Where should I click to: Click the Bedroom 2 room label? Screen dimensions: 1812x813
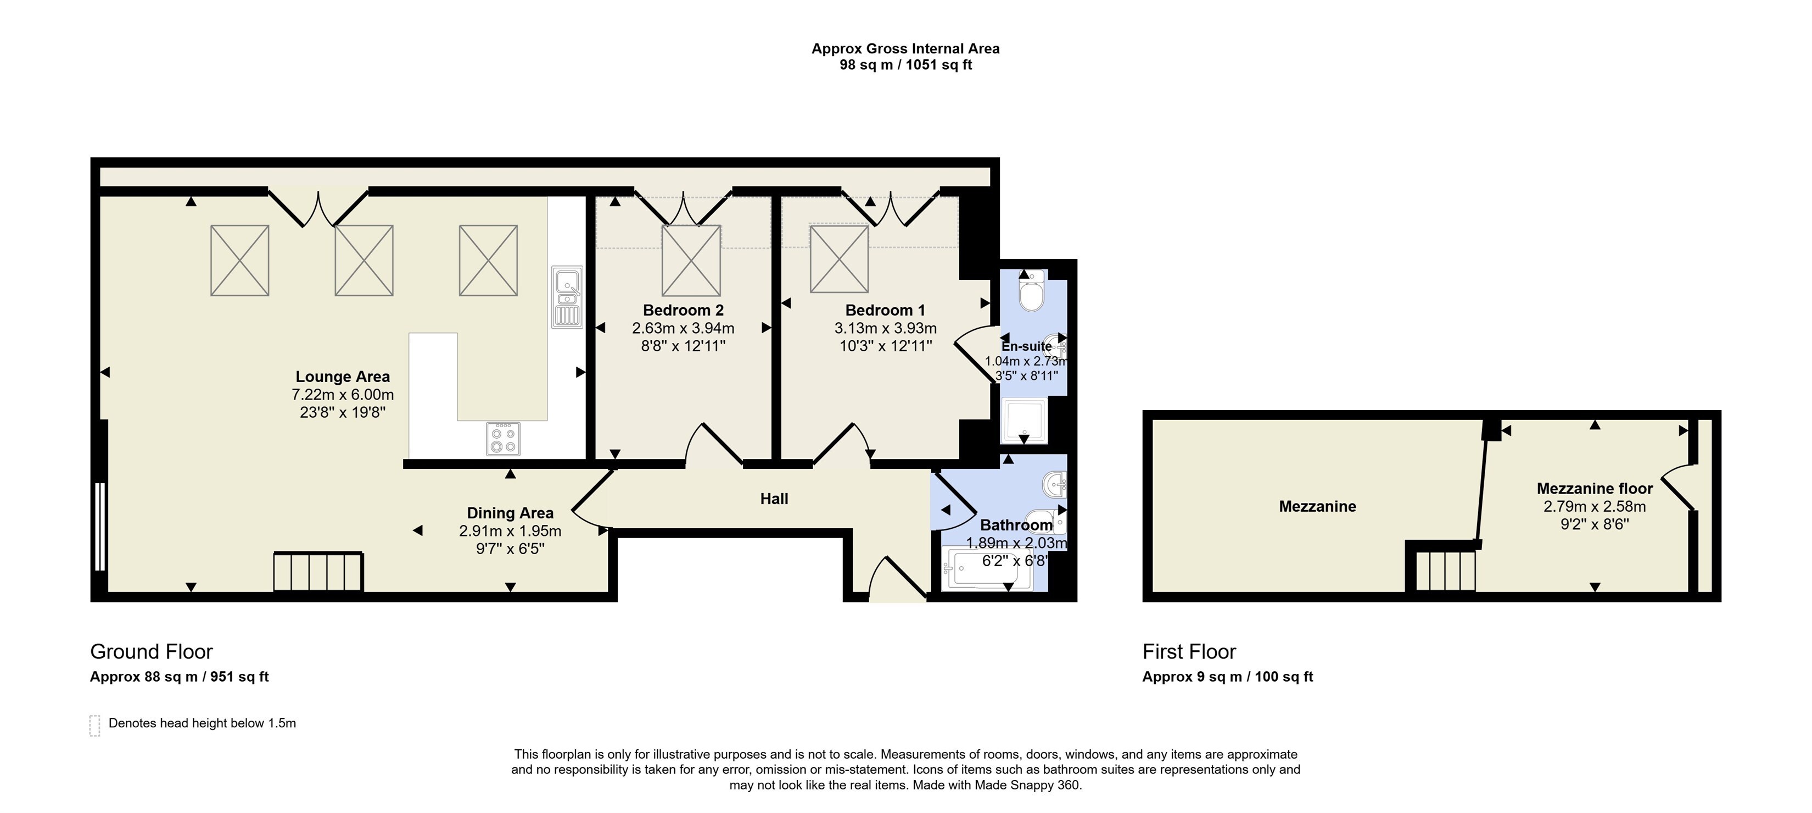click(x=683, y=311)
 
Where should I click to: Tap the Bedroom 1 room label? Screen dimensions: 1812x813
click(x=885, y=311)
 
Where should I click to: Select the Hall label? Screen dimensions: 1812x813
click(x=774, y=499)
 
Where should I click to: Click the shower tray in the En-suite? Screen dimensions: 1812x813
click(x=1024, y=420)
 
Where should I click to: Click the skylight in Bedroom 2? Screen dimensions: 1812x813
click(x=691, y=261)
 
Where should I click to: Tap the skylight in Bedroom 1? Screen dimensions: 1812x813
click(x=839, y=258)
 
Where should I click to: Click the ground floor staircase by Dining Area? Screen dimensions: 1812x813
click(x=318, y=572)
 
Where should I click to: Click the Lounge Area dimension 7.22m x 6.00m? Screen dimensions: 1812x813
click(x=343, y=395)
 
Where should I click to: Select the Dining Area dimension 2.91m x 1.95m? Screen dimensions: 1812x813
click(x=510, y=532)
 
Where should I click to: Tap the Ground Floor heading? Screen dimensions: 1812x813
click(x=151, y=652)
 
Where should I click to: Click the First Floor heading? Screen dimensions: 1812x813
click(x=1189, y=652)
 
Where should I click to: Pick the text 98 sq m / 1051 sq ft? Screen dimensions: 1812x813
click(x=905, y=65)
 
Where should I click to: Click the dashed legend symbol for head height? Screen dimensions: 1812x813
click(x=95, y=726)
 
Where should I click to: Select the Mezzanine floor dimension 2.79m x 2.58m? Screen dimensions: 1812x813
click(x=1595, y=507)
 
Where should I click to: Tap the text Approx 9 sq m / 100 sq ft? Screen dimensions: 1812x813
click(x=1227, y=677)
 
